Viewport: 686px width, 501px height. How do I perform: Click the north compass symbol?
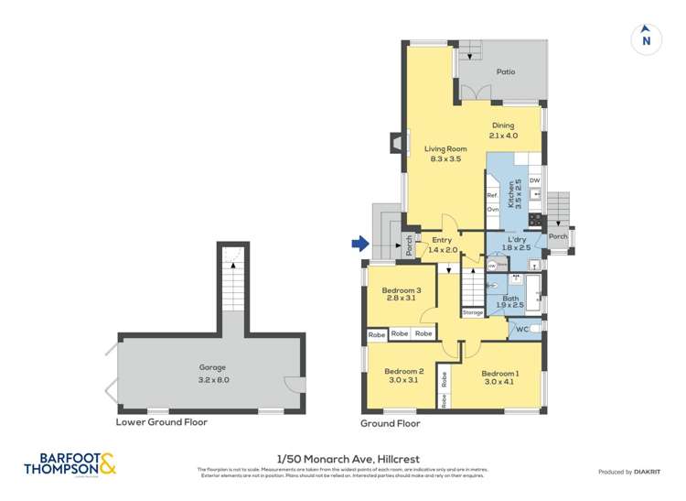pos(646,39)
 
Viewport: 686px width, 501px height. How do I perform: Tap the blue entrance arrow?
pos(359,244)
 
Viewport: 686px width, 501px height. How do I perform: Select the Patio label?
pos(505,71)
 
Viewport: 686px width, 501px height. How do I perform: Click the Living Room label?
pos(445,153)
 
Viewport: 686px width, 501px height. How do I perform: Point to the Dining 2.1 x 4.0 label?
pos(503,130)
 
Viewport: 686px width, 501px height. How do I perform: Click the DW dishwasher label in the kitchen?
pos(535,180)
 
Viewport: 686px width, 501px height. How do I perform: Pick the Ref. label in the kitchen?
pos(492,195)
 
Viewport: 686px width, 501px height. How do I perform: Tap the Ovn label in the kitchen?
pos(492,210)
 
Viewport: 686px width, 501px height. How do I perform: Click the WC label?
pos(522,329)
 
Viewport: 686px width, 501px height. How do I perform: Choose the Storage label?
pos(473,312)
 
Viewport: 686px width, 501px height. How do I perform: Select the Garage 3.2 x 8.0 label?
pos(213,374)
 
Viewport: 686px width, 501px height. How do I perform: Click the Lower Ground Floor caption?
pos(161,422)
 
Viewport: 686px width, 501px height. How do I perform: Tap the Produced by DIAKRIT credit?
pos(630,471)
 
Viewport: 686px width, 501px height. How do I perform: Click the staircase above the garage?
pos(233,285)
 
